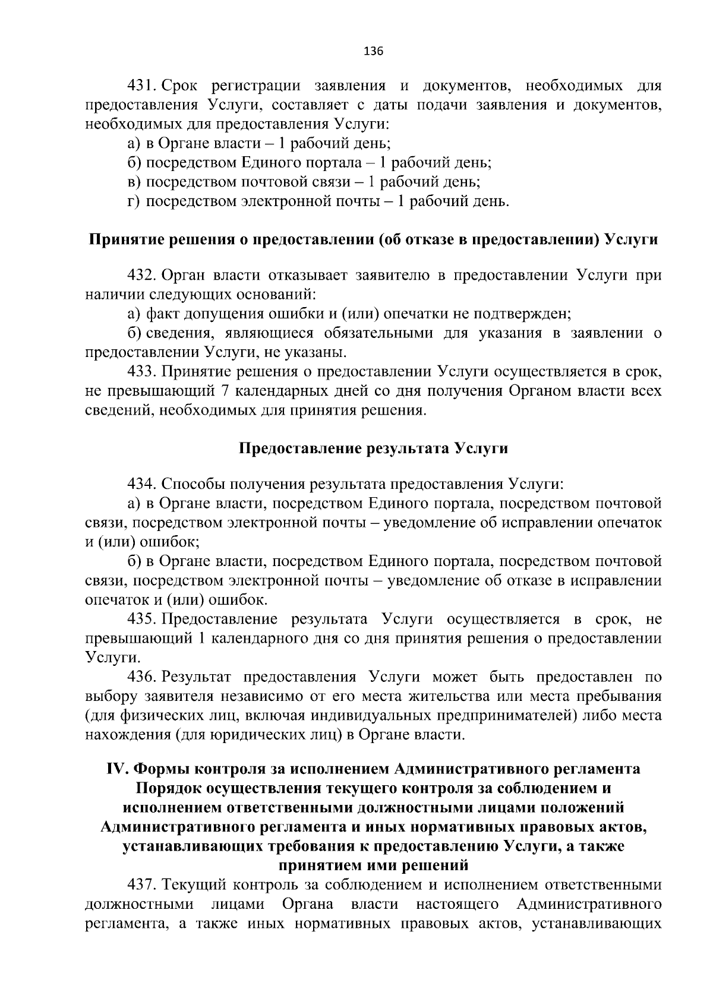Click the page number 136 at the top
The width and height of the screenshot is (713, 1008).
click(373, 51)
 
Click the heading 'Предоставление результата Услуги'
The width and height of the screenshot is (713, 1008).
click(373, 448)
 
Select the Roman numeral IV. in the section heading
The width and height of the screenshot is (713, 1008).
click(118, 769)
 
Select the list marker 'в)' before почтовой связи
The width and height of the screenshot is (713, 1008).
click(134, 182)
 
